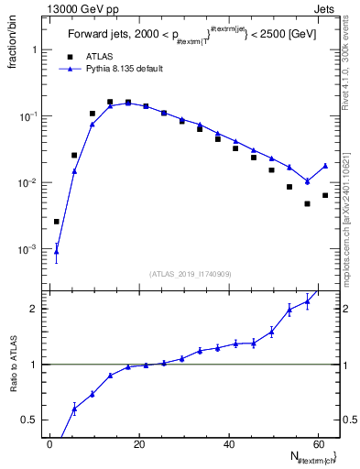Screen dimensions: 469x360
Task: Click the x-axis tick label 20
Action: pyautogui.click(x=139, y=444)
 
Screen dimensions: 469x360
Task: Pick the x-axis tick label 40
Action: pyautogui.click(x=229, y=444)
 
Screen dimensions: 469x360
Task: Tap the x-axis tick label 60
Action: pyautogui.click(x=318, y=444)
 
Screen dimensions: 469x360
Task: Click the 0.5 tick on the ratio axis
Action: pyautogui.click(x=30, y=420)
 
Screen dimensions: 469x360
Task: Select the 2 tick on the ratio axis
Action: pyautogui.click(x=33, y=309)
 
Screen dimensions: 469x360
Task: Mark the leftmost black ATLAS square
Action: pyautogui.click(x=56, y=222)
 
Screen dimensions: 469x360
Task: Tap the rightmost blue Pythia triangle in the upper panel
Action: pyautogui.click(x=325, y=166)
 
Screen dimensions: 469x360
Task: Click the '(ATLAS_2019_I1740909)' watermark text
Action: pyautogui.click(x=191, y=274)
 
